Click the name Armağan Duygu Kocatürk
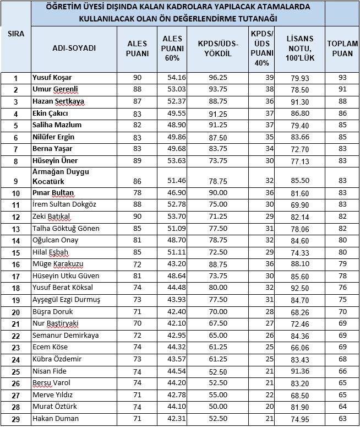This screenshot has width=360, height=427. (68, 176)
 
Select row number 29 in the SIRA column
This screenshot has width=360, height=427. (16, 419)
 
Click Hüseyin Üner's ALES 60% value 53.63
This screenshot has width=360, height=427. (177, 161)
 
